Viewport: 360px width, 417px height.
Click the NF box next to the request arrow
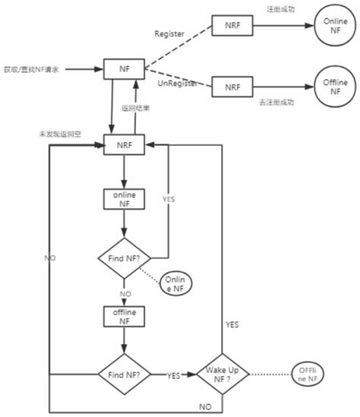pos(124,70)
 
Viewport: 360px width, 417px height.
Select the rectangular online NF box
pos(124,198)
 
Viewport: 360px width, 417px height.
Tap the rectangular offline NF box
pos(124,315)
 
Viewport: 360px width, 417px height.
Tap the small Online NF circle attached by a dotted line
pos(178,285)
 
